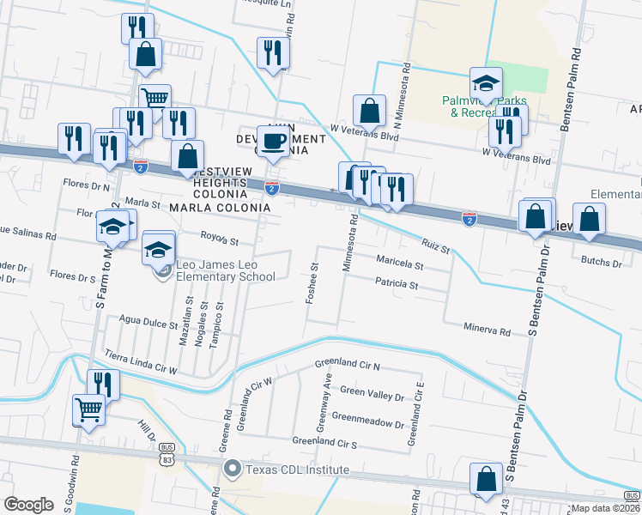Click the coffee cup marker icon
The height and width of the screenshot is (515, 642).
tap(274, 141)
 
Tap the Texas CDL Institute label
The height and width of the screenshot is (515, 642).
tap(297, 470)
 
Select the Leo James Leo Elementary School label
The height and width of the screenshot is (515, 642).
tap(226, 271)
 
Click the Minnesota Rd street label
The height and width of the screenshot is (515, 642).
tap(350, 249)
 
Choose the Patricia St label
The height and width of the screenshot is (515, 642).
tap(396, 284)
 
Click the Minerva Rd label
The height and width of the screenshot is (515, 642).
tap(488, 330)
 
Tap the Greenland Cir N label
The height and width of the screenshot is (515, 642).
tap(347, 365)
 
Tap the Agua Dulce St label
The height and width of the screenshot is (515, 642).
tap(148, 325)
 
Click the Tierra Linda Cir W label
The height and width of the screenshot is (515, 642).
tap(141, 361)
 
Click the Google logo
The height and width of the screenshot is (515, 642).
tap(28, 504)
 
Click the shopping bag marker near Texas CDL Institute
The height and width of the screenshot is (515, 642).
tap(486, 480)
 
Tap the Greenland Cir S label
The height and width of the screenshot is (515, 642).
tap(324, 442)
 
